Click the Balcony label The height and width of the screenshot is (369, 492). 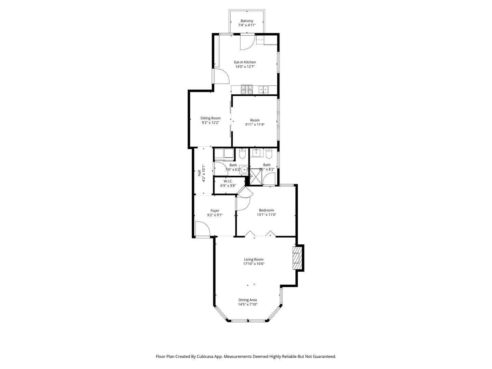(247, 21)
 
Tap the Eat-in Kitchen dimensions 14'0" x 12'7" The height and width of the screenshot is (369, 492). (245, 67)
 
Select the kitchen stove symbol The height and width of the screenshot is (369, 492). (247, 90)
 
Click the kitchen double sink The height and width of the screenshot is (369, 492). (263, 90)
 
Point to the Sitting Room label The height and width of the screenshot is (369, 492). (210, 118)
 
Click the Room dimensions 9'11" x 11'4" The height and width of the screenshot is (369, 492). (255, 125)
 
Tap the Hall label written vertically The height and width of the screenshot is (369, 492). (199, 173)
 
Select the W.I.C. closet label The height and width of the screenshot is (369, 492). (228, 181)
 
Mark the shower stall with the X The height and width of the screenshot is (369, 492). (256, 177)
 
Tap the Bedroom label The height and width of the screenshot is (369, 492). (266, 210)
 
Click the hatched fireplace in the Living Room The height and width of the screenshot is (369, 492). (297, 258)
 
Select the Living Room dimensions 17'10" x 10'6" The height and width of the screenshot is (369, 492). (254, 264)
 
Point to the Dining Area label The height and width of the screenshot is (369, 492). (248, 300)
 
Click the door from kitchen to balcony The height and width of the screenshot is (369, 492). (247, 42)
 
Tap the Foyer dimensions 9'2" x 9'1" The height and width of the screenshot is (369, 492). (215, 215)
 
